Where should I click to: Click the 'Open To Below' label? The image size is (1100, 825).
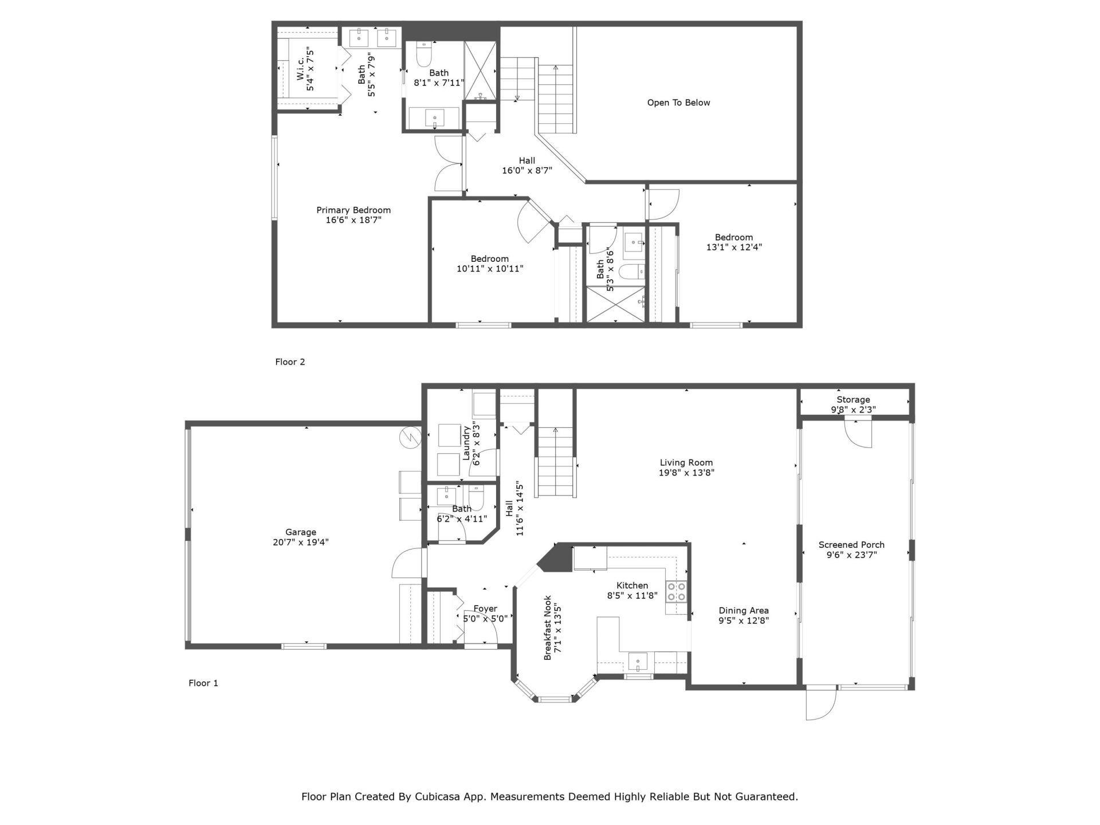(678, 103)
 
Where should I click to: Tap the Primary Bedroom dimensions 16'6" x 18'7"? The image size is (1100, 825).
(353, 220)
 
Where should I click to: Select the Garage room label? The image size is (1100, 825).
(301, 532)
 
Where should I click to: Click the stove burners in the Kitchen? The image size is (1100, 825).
(676, 591)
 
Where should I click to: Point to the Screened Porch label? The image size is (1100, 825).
(851, 545)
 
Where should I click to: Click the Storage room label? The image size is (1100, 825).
(853, 400)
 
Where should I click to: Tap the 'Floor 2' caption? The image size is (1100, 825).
(290, 362)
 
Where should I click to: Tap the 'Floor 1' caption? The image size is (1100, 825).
(203, 683)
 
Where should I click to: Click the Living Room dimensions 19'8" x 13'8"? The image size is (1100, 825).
(686, 473)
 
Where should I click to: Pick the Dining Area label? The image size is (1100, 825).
(744, 611)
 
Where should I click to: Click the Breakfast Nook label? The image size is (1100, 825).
(548, 627)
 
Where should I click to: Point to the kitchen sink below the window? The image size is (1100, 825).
(638, 662)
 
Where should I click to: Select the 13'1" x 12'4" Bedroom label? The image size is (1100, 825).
(734, 237)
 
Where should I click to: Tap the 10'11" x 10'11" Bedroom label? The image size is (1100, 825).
(490, 259)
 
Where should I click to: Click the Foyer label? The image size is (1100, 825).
(485, 609)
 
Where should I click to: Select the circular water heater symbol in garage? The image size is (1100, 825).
(410, 437)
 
